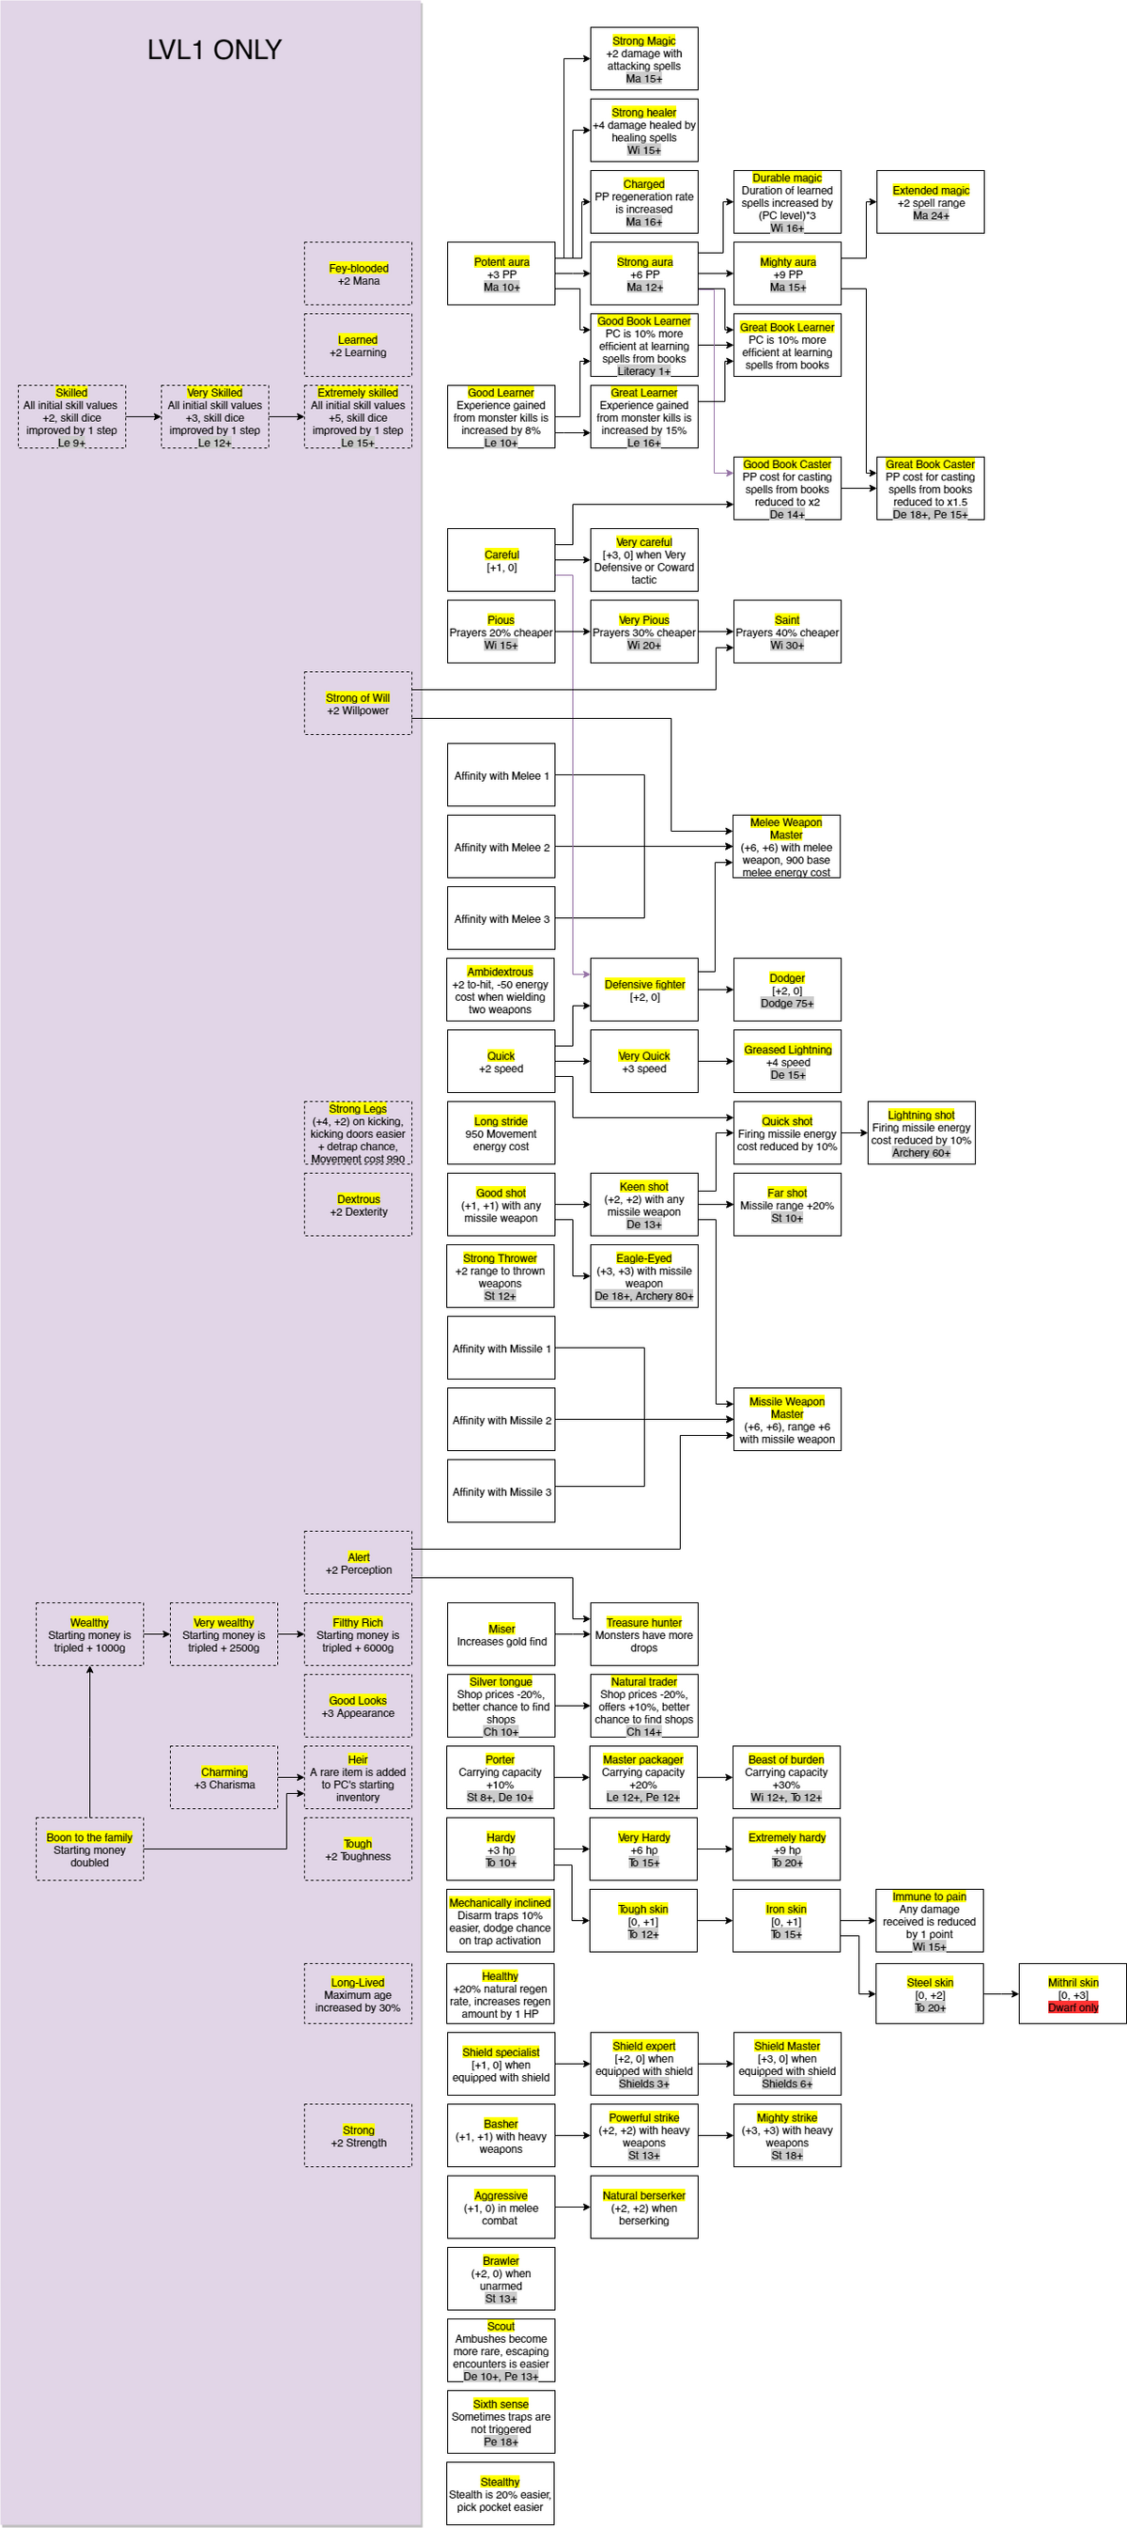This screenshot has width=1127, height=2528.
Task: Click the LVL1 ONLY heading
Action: point(214,50)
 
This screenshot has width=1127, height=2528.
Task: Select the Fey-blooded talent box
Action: point(358,273)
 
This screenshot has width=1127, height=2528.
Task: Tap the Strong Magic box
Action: point(643,59)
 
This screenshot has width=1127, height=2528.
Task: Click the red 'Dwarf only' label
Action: point(1073,2007)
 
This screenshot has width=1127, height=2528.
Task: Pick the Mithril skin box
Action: point(1073,1994)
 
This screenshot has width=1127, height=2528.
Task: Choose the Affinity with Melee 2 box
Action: point(502,847)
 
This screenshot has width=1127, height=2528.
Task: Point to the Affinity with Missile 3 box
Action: point(502,1490)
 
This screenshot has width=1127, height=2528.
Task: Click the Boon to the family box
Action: point(89,1849)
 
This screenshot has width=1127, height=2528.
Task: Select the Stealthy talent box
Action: point(501,2492)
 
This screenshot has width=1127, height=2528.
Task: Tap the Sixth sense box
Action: point(501,2421)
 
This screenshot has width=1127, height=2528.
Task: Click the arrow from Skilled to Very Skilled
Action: point(143,417)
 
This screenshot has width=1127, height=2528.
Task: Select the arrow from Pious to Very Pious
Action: point(573,632)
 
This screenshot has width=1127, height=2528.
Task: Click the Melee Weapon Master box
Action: point(787,847)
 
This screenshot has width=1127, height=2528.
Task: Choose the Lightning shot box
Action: point(921,1133)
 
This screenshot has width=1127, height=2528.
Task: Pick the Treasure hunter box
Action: point(643,1634)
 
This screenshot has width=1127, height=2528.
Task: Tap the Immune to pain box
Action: point(929,1921)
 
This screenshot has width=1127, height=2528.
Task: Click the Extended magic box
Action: point(930,202)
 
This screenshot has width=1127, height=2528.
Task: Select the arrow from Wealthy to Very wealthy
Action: point(157,1634)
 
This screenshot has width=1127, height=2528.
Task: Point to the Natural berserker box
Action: point(643,2208)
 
